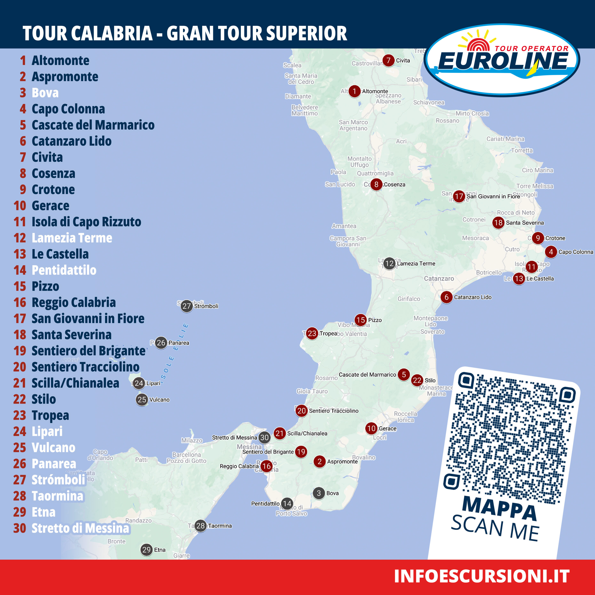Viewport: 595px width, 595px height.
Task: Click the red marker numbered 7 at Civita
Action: [388, 60]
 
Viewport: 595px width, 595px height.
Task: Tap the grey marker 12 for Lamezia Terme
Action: [389, 264]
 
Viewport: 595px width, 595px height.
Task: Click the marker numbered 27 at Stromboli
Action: [187, 306]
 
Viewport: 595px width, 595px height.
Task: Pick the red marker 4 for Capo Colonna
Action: [551, 252]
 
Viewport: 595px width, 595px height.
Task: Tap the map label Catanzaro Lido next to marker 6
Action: [473, 297]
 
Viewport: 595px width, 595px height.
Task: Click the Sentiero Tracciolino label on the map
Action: [334, 411]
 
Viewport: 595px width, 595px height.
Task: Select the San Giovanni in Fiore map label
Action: [493, 197]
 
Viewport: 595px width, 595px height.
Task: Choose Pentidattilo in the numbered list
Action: [64, 270]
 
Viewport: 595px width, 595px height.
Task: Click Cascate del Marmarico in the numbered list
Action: [93, 125]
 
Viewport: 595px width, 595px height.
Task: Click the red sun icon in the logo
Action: [478, 45]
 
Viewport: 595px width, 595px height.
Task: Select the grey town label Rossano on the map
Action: [447, 121]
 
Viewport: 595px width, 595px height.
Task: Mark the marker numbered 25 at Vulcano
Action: [142, 400]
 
